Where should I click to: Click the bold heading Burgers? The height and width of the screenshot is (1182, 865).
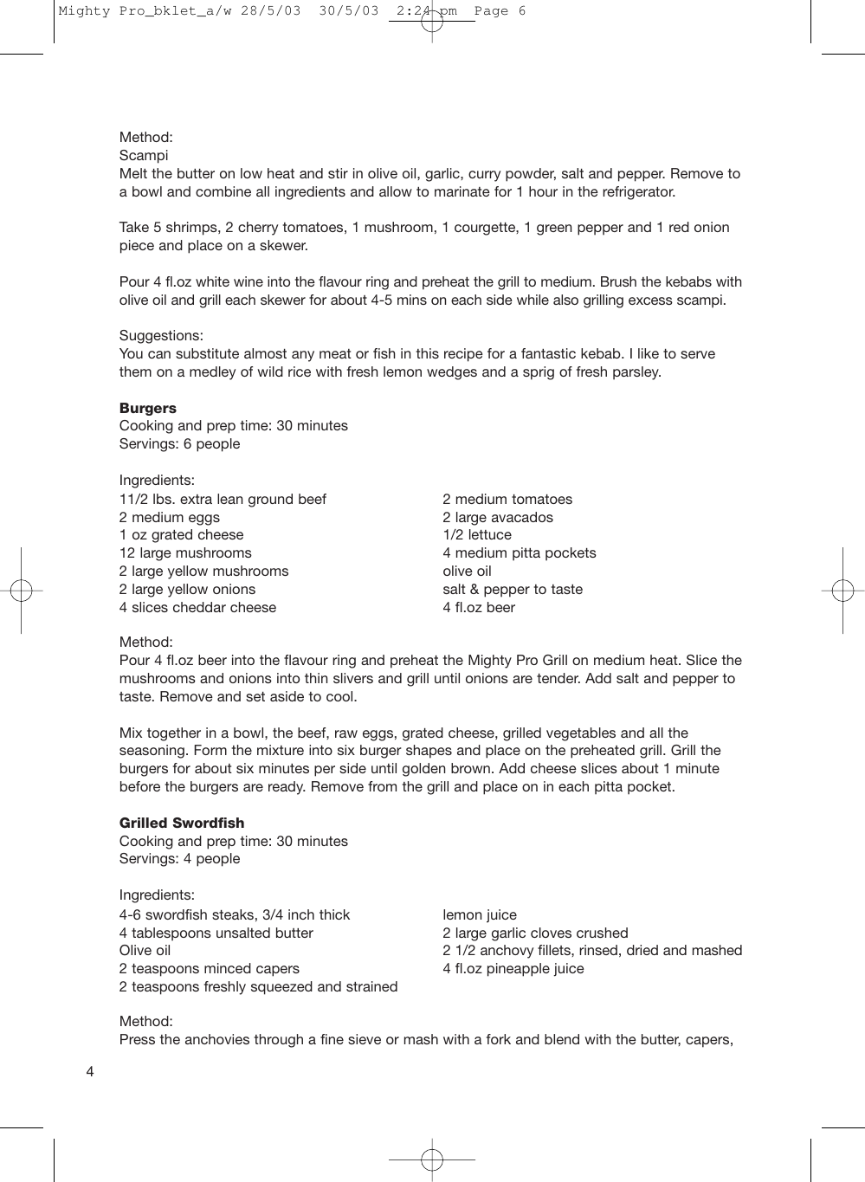(147, 408)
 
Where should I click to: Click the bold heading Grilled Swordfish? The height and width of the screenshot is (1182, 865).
(182, 823)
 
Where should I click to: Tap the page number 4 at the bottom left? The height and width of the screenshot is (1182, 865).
(90, 1072)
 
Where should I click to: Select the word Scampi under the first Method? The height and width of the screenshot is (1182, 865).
(144, 156)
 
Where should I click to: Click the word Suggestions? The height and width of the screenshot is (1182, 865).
(161, 336)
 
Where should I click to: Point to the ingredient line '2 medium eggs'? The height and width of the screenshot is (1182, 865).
(170, 518)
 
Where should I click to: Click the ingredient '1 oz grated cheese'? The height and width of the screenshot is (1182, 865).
(182, 535)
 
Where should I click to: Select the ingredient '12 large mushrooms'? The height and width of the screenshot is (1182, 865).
(185, 553)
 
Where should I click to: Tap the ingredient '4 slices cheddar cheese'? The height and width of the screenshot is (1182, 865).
(197, 608)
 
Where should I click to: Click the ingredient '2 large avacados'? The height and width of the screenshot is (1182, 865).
(498, 518)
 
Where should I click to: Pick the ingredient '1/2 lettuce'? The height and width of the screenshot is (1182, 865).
(477, 535)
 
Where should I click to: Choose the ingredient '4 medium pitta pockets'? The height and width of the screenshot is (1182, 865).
(520, 553)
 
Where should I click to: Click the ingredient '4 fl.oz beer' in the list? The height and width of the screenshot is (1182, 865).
(479, 608)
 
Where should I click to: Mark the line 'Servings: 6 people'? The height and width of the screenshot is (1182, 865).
(179, 444)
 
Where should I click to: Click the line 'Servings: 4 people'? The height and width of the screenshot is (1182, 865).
(179, 859)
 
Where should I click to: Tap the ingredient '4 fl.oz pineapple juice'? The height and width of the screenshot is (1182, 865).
(513, 969)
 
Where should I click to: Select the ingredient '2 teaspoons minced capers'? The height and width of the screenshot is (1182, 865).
(210, 969)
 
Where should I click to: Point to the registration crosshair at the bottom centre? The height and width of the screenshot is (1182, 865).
(432, 1159)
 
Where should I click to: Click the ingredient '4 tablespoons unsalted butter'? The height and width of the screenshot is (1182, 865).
(216, 933)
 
